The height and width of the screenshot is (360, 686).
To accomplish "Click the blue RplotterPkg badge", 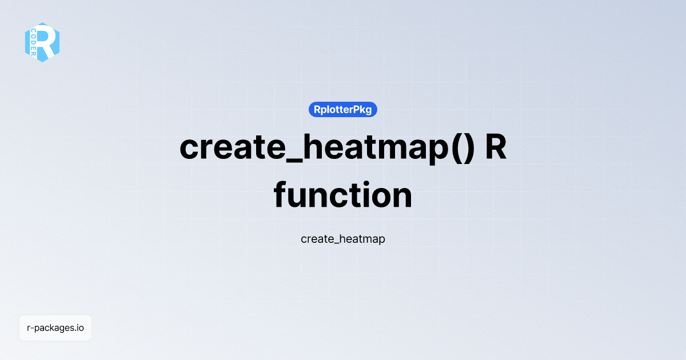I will click(343, 109).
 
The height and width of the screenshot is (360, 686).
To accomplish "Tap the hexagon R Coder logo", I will click(42, 42).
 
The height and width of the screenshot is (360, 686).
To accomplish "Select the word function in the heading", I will click(343, 195).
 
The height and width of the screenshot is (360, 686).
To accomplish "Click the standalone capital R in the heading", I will click(495, 147).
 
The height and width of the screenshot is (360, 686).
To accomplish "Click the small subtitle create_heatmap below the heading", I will click(343, 239).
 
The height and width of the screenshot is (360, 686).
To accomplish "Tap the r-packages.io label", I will click(55, 328).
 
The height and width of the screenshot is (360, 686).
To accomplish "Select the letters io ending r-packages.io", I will click(80, 328).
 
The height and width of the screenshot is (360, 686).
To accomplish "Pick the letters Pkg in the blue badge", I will click(363, 109).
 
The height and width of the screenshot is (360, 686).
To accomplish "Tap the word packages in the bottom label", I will click(54, 329).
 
